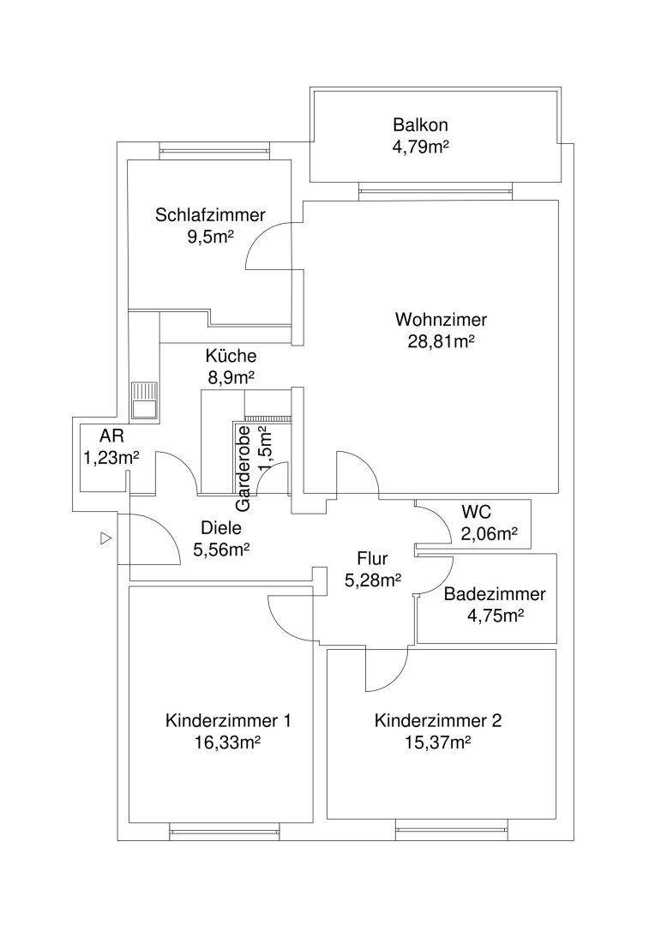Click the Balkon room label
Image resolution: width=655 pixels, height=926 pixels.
point(421,124)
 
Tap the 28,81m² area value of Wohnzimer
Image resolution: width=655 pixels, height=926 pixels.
point(442,340)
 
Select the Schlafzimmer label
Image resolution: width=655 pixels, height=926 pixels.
point(210,215)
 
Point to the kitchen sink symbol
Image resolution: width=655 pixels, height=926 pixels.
point(143,400)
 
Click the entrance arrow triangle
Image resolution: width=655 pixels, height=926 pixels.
point(105,538)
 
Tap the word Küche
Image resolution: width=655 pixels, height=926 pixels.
point(231,356)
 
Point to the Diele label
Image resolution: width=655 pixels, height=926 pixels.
point(221,528)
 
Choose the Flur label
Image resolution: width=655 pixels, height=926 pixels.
point(372,561)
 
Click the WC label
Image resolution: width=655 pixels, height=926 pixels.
point(476,513)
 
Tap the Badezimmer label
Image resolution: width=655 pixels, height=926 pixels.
point(495,594)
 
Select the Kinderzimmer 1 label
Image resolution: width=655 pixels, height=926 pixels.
point(228,720)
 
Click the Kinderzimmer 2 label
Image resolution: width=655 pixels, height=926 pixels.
point(438,720)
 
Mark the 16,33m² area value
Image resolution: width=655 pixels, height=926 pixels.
point(228,742)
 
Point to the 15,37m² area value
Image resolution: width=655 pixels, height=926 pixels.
point(438,742)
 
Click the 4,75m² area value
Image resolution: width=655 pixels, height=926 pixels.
point(495,615)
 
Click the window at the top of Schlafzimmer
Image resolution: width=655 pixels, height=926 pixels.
point(214,153)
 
